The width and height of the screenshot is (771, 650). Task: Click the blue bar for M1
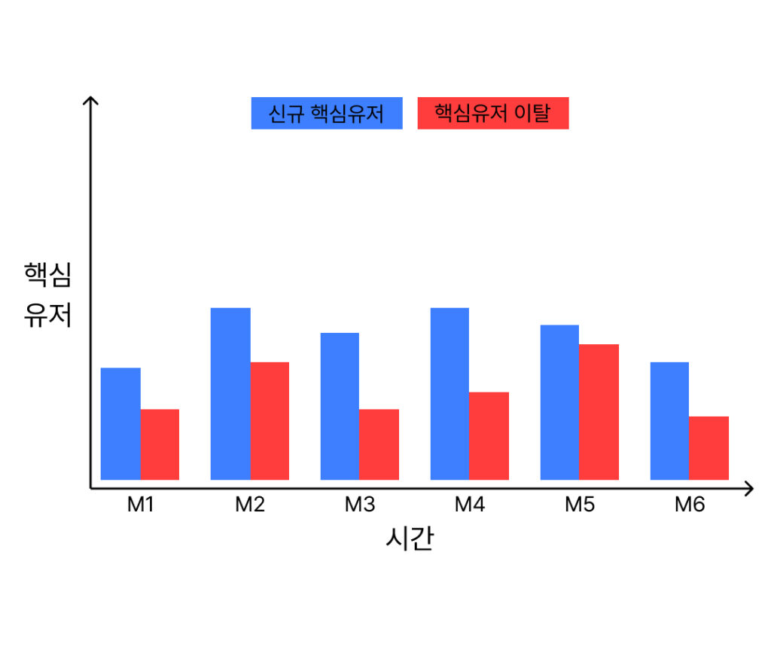point(120,423)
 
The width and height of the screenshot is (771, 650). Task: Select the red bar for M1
point(160,444)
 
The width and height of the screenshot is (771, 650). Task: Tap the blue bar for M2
point(230,393)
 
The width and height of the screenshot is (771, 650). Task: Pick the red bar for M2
point(270,420)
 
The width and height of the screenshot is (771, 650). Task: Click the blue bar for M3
point(340,406)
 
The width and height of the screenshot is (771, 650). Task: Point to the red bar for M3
point(379,444)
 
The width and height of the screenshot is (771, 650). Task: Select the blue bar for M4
point(449,393)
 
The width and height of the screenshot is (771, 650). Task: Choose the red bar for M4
point(489,435)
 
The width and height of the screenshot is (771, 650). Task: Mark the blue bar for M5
point(559,402)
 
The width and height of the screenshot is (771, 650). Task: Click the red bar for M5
point(599,411)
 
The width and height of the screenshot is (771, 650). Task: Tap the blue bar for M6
point(669,420)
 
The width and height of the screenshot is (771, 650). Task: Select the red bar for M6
point(709,447)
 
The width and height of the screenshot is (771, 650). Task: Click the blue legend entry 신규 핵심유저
point(327,114)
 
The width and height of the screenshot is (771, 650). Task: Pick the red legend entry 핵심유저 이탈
point(493,114)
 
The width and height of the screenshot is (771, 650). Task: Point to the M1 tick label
point(140,505)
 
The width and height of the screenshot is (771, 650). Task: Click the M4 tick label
point(470,505)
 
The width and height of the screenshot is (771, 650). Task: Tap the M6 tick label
point(690,505)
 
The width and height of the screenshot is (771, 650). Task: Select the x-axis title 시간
point(409,539)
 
